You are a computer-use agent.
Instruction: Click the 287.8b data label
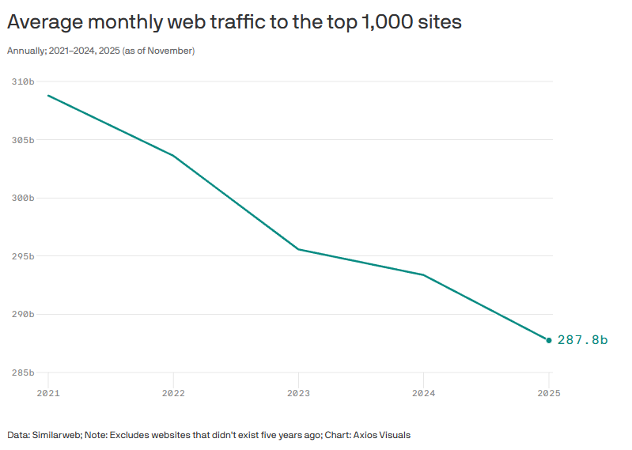[582, 340]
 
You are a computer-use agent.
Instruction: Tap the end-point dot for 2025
[549, 340]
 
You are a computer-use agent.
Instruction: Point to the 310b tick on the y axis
[23, 81]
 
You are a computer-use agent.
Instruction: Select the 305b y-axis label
[23, 140]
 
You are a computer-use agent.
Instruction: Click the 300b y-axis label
[23, 198]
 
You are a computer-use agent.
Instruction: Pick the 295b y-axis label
[23, 256]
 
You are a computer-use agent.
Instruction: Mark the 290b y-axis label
[23, 314]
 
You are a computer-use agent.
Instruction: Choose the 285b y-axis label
[23, 372]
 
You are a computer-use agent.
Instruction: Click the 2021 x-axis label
[48, 392]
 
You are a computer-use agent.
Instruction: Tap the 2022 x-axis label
[173, 392]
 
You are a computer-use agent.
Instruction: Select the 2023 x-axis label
[298, 392]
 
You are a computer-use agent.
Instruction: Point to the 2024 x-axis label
[423, 392]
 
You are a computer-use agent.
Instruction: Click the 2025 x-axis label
[548, 392]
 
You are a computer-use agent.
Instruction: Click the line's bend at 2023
[298, 249]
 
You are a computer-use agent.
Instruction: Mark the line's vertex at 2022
[173, 155]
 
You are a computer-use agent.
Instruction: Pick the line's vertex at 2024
[423, 275]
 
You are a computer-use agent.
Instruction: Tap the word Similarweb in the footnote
[55, 435]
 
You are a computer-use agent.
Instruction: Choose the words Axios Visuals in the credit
[383, 435]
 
